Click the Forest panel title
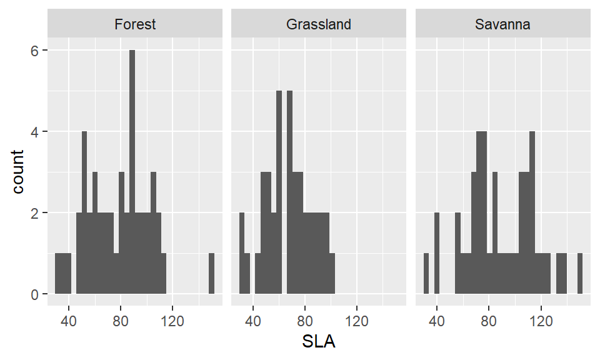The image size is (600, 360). [135, 24]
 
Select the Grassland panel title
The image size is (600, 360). [319, 24]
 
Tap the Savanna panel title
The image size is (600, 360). [502, 24]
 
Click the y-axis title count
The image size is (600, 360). [19, 171]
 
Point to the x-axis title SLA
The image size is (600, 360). [319, 342]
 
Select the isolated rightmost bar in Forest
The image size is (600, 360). [211, 274]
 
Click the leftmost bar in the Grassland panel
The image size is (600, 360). [242, 253]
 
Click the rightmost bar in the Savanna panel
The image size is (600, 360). [580, 274]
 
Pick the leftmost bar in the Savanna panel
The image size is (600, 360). [426, 274]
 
